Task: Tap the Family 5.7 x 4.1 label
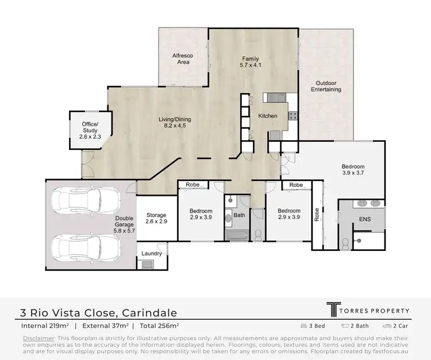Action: [x=250, y=62]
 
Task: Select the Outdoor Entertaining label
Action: [x=326, y=86]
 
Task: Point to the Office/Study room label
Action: [x=90, y=130]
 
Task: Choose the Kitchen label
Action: [x=267, y=116]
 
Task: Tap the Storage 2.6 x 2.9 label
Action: [x=156, y=218]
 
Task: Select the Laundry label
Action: [x=152, y=253]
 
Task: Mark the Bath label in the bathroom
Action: [x=239, y=216]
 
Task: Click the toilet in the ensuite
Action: [x=345, y=243]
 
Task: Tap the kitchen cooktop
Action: [x=292, y=115]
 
